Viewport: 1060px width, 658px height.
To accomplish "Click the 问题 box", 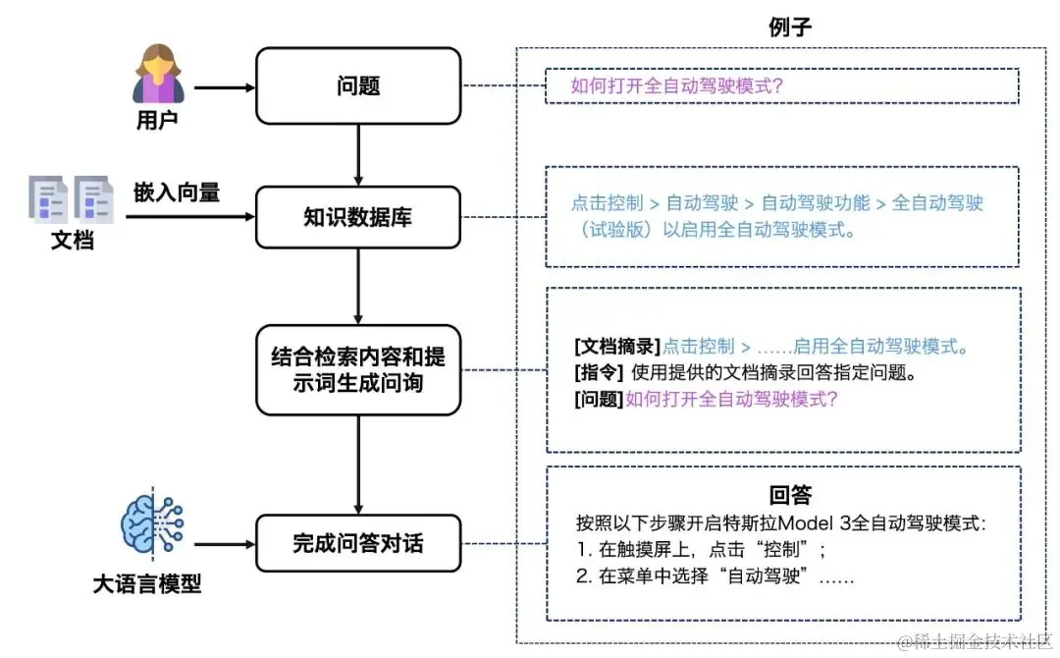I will (357, 86).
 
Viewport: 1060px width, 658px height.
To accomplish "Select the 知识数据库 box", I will (357, 217).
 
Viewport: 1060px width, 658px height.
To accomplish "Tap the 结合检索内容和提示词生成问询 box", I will (357, 368).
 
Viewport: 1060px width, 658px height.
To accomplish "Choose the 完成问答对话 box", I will (357, 543).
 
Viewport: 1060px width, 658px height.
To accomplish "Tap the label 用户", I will (156, 122).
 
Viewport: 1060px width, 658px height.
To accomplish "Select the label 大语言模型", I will (147, 584).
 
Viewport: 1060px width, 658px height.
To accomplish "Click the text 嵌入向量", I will (178, 192).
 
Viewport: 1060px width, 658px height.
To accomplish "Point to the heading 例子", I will (790, 27).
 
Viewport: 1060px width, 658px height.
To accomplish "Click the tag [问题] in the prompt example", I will (598, 400).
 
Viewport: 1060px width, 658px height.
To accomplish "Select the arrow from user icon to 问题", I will (224, 87).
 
